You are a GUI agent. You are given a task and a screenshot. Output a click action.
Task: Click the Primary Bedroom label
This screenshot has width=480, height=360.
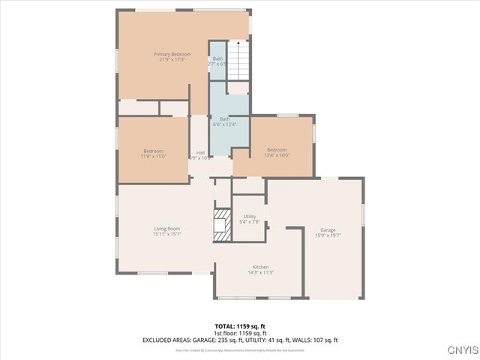pyautogui.click(x=172, y=55)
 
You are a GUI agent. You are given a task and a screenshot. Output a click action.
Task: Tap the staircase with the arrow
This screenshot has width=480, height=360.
pyautogui.click(x=238, y=60)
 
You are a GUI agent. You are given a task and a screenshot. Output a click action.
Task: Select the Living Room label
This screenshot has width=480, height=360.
pyautogui.click(x=166, y=229)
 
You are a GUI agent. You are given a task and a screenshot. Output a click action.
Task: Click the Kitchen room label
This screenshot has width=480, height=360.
pyautogui.click(x=260, y=267)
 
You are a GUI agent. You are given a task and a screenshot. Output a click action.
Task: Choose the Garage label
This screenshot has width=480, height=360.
pyautogui.click(x=328, y=229)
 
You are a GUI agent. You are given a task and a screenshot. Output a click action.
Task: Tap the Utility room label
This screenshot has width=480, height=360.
pyautogui.click(x=250, y=216)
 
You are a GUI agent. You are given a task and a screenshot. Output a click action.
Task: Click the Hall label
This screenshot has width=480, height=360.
pyautogui.click(x=200, y=153)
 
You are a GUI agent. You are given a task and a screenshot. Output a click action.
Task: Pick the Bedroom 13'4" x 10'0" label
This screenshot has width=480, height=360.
pyautogui.click(x=277, y=150)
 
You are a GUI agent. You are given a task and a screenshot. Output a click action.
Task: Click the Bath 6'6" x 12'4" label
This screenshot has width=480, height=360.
pyautogui.click(x=225, y=118)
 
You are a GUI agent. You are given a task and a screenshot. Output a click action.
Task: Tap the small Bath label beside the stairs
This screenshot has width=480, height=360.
pyautogui.click(x=217, y=58)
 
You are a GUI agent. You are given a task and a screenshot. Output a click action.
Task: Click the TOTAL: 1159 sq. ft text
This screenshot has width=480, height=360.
pyautogui.click(x=240, y=326)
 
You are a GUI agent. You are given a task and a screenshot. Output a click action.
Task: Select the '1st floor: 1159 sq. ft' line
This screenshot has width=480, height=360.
pyautogui.click(x=240, y=333)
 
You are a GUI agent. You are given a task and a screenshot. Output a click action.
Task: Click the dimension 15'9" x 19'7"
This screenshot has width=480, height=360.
pyautogui.click(x=328, y=235)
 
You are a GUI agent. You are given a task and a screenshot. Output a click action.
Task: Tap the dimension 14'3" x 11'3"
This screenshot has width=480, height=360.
pyautogui.click(x=260, y=272)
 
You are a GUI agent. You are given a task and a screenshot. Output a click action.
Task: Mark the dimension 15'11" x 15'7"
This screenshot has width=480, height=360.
pyautogui.click(x=166, y=234)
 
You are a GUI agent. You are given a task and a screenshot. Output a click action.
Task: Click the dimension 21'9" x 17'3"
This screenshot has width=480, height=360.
pyautogui.click(x=172, y=60)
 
